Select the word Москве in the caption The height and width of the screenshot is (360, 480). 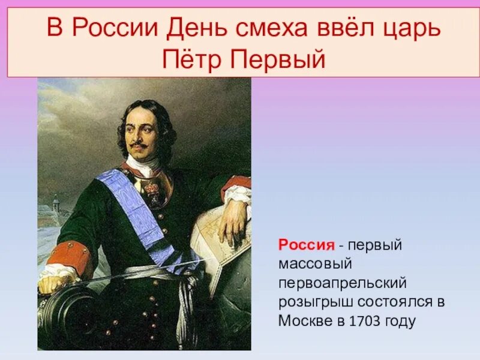pos(304,320)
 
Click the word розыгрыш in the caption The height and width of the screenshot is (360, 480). pos(308,302)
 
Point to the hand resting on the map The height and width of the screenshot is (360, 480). pos(233,225)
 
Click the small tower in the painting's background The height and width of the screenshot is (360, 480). pos(56,204)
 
